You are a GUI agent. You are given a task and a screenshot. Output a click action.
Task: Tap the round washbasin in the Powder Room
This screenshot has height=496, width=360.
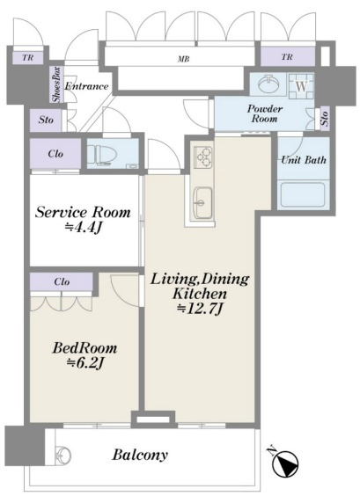point(268,84)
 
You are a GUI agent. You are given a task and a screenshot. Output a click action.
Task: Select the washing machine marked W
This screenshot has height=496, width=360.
point(301,85)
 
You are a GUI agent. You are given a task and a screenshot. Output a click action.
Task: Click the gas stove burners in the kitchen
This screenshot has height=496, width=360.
point(202,157)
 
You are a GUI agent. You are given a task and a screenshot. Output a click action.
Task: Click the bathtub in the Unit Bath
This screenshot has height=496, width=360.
point(303,193)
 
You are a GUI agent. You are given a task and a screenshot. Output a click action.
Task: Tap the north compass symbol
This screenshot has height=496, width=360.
point(285,463)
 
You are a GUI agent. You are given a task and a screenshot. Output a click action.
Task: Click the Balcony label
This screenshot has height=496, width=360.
point(140,455)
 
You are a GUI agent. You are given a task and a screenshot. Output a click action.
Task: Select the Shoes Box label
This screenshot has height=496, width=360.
point(57,84)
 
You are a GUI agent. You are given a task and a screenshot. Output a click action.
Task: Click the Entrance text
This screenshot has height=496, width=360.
point(86,86)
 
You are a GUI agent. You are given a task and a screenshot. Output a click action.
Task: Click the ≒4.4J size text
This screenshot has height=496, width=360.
point(83,227)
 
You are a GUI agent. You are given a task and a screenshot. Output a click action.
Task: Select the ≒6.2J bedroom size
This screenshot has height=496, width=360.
point(85,362)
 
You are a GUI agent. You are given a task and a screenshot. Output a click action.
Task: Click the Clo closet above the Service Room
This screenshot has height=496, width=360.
point(55,154)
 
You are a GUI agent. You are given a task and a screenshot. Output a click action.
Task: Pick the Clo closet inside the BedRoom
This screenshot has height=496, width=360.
point(62,281)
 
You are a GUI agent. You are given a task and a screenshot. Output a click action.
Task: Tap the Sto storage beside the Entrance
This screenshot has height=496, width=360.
point(46,120)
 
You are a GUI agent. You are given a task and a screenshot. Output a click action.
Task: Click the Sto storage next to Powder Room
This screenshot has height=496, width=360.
point(325,118)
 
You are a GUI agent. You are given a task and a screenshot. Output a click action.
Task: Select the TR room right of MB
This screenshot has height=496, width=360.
point(287,57)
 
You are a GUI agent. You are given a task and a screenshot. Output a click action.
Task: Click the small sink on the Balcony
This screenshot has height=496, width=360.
point(63,456)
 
